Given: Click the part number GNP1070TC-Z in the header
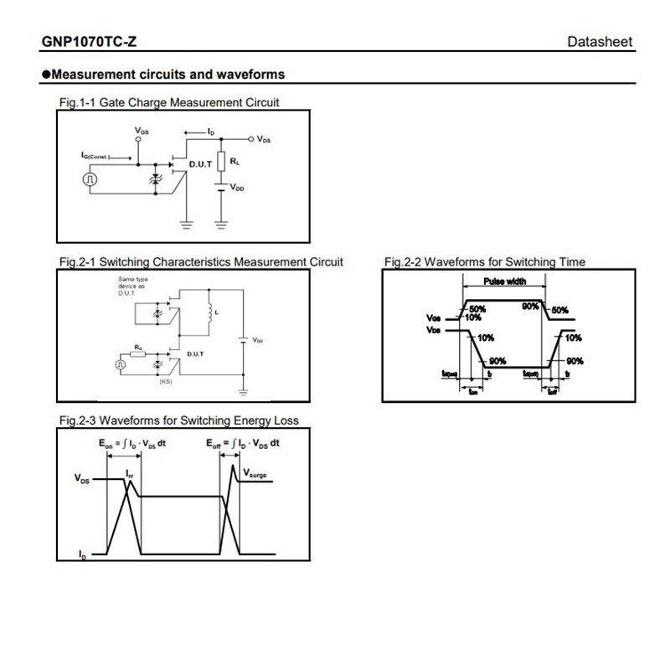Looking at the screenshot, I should point(89,42).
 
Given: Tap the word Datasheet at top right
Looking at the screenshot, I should point(600,42).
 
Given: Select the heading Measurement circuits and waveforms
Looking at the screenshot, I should point(167,75).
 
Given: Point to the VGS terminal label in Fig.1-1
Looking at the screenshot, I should point(142,131).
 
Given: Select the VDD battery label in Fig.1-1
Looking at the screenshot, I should point(238,189).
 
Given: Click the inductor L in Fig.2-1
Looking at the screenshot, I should point(207,311).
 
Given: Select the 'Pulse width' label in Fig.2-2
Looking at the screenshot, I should point(504,282).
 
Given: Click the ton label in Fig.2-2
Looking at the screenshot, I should point(473,390).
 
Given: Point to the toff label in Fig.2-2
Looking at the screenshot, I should point(552,390).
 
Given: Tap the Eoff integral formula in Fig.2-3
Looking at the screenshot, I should point(243,443).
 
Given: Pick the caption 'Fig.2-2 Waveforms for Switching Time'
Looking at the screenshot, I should point(485,262).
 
